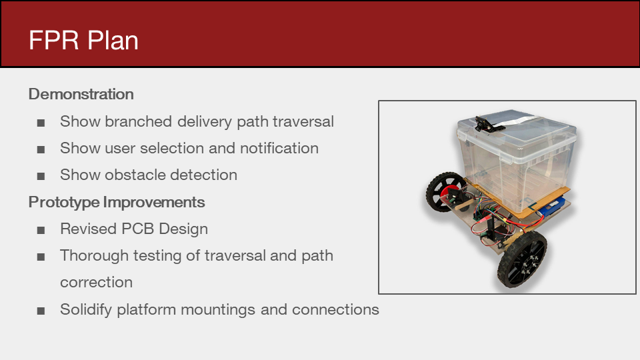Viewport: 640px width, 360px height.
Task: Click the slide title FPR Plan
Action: (x=84, y=41)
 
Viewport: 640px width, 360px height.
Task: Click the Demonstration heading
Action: (x=81, y=94)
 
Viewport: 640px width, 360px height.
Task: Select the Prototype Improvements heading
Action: (x=117, y=203)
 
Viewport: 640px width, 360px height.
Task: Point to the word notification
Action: (x=279, y=148)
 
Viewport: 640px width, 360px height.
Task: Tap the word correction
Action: (x=96, y=283)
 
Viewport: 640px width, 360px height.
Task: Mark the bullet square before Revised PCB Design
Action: (x=41, y=231)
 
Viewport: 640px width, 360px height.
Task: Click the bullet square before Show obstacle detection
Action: (x=41, y=176)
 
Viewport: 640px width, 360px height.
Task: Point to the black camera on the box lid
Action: (x=489, y=124)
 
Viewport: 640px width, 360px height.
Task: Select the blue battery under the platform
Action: (x=553, y=205)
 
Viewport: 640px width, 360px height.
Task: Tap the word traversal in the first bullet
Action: (x=303, y=121)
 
